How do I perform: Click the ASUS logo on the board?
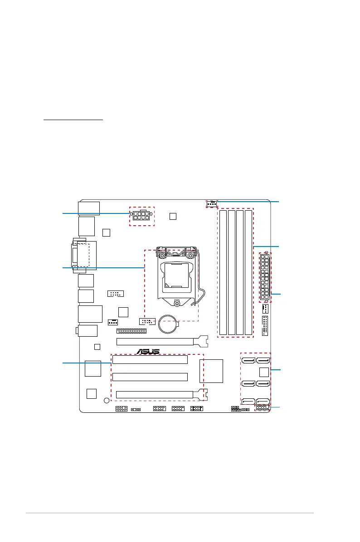(x=148, y=351)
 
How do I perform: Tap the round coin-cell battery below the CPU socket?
(x=168, y=324)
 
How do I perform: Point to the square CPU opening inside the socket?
(x=176, y=276)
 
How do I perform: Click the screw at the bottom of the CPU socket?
(x=177, y=303)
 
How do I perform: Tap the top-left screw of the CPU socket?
(x=162, y=256)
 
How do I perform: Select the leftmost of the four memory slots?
(x=223, y=272)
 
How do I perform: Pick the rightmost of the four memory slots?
(x=248, y=272)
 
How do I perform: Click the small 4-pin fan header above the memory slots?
(x=211, y=204)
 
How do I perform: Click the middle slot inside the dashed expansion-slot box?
(x=150, y=377)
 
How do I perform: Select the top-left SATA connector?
(x=248, y=361)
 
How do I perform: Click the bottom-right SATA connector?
(x=263, y=402)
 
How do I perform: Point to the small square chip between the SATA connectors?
(x=264, y=372)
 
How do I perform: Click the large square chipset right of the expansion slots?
(x=211, y=371)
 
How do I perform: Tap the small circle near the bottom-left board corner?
(x=107, y=400)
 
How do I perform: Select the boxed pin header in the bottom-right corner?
(x=263, y=408)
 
